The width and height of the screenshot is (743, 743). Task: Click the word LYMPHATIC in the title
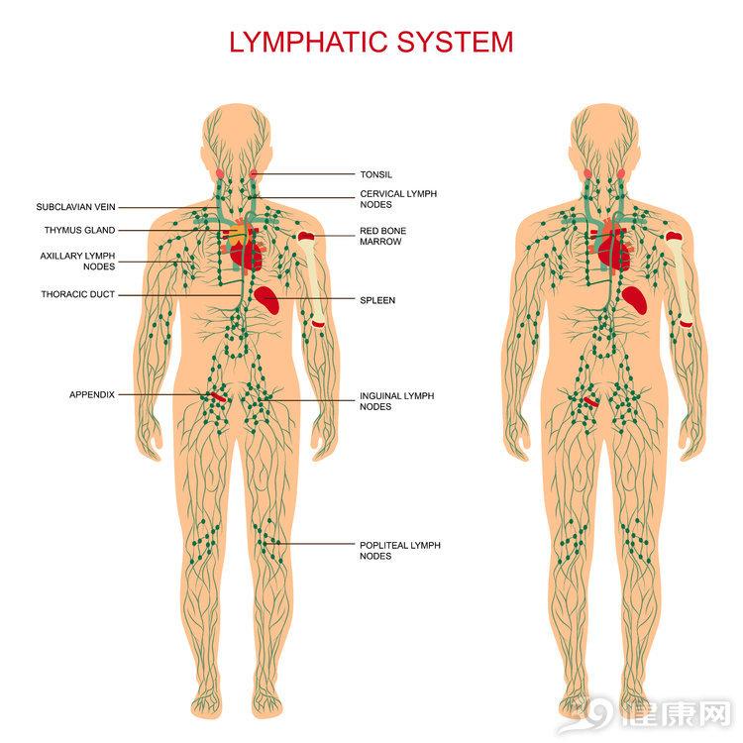pyautogui.click(x=310, y=42)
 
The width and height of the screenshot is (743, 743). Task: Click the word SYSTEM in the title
pyautogui.click(x=456, y=42)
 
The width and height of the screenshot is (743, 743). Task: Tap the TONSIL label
pyautogui.click(x=376, y=174)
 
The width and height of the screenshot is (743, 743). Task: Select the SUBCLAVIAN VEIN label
pyautogui.click(x=76, y=207)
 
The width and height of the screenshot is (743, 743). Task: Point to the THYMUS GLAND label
pyautogui.click(x=79, y=230)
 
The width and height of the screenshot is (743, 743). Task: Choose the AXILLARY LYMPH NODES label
pyautogui.click(x=77, y=262)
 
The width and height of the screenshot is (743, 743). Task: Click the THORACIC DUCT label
pyautogui.click(x=77, y=294)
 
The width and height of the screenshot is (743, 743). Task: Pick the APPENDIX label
pyautogui.click(x=92, y=394)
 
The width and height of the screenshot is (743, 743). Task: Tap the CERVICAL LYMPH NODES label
pyautogui.click(x=398, y=199)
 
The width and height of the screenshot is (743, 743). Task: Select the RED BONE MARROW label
pyautogui.click(x=382, y=236)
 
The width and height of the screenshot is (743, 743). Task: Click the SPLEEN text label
pyautogui.click(x=377, y=300)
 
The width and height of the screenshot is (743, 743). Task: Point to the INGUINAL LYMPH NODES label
pyautogui.click(x=397, y=401)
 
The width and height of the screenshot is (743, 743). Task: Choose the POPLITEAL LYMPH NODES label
pyautogui.click(x=400, y=551)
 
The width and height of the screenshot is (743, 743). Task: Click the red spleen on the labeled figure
pyautogui.click(x=266, y=299)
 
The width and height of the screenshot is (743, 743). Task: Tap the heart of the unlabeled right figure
pyautogui.click(x=613, y=250)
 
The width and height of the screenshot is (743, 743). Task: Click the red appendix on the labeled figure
pyautogui.click(x=219, y=397)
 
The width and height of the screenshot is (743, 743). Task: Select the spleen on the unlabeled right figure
pyautogui.click(x=634, y=300)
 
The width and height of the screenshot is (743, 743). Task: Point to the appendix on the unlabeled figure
pyautogui.click(x=591, y=402)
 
